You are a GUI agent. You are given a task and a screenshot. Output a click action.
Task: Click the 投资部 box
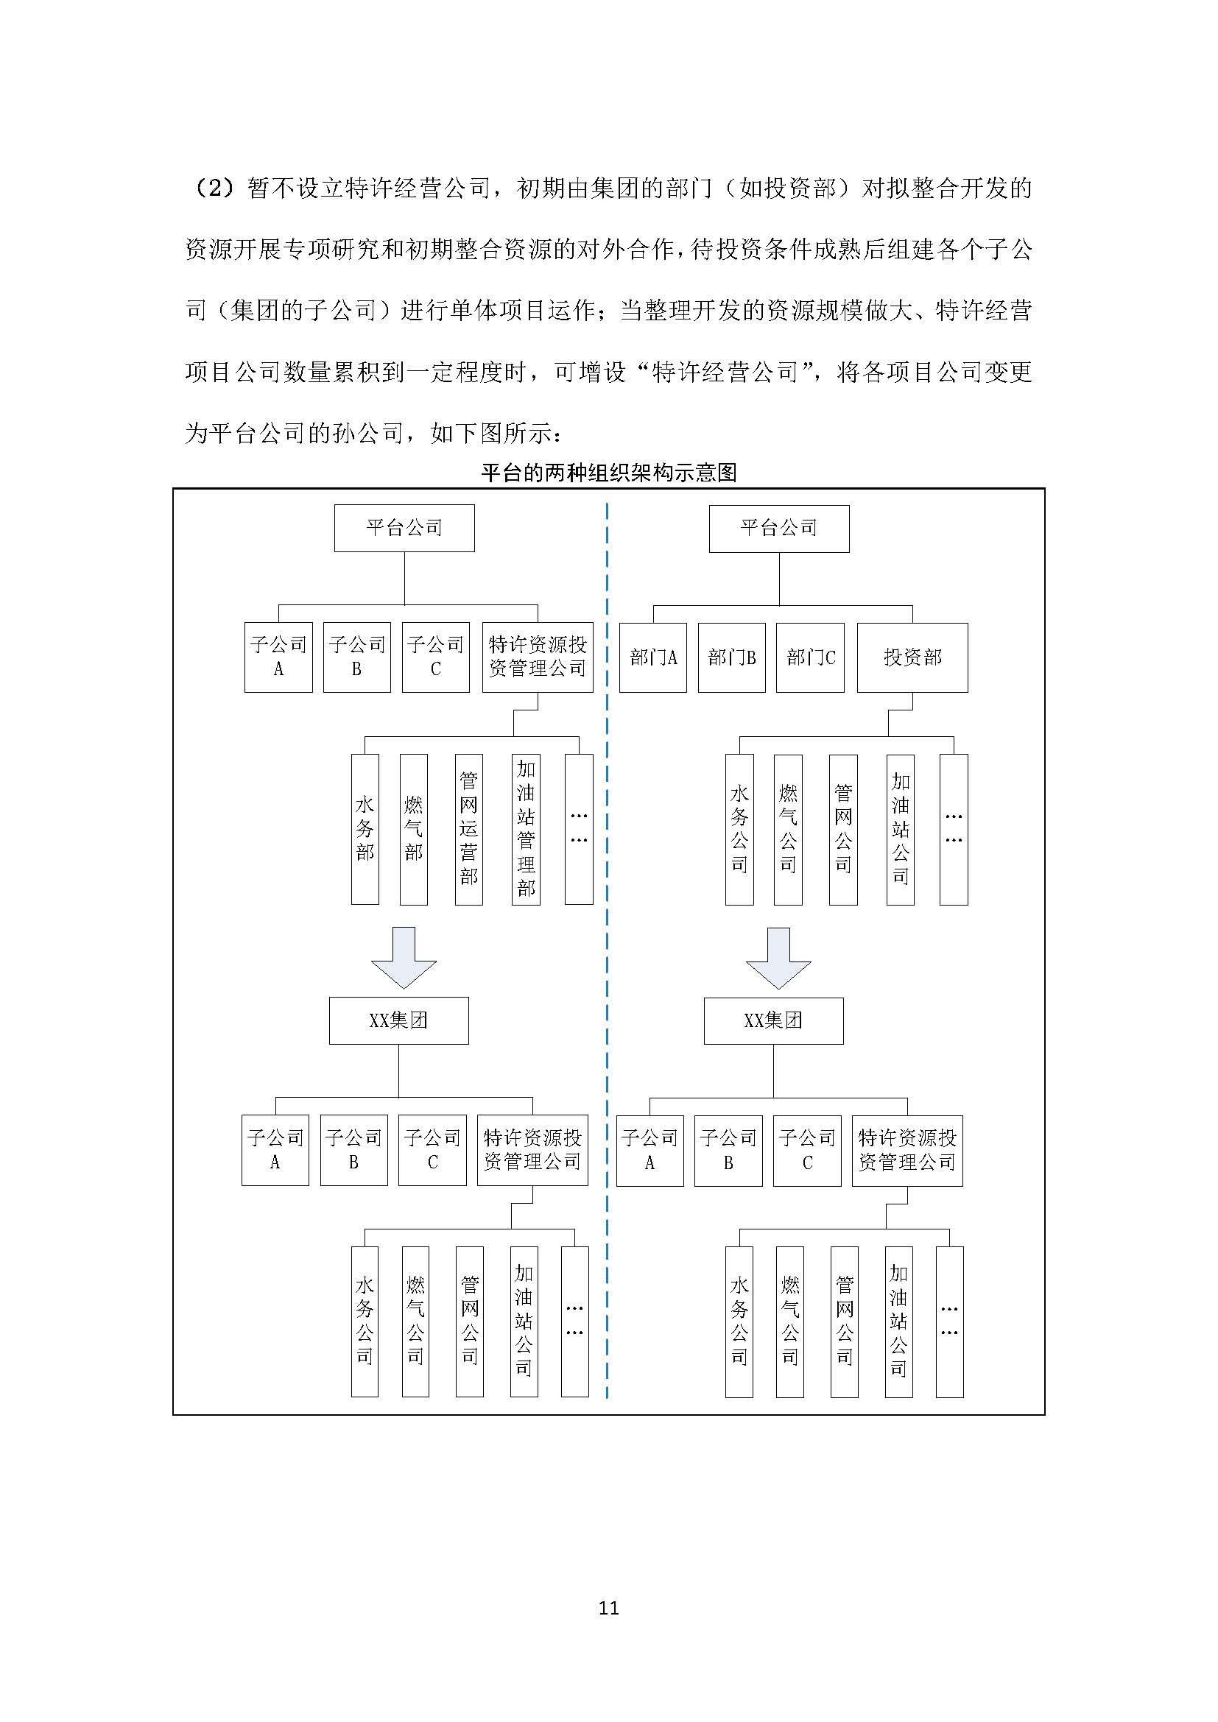click(912, 657)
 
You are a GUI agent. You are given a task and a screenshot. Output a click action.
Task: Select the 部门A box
click(652, 657)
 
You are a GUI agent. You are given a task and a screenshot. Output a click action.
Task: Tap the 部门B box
click(731, 657)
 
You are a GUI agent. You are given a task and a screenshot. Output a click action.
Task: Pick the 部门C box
click(810, 657)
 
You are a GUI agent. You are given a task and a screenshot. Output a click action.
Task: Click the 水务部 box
click(365, 829)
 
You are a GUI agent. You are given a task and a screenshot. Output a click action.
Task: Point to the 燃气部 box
click(413, 829)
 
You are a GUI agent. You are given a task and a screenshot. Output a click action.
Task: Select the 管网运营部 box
click(469, 829)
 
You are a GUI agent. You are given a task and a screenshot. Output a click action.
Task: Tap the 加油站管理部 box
click(526, 829)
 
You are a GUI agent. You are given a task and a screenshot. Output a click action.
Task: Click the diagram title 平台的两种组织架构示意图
click(608, 473)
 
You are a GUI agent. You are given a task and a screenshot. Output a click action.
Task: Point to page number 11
click(608, 1607)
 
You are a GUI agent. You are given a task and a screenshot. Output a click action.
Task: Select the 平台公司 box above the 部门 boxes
click(778, 528)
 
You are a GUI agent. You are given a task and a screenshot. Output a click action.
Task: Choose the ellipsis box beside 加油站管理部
click(578, 829)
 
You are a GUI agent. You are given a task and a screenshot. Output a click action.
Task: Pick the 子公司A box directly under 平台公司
click(278, 657)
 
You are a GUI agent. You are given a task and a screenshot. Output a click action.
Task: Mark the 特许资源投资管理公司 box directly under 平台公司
click(537, 657)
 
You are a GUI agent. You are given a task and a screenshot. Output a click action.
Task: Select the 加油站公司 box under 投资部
click(900, 829)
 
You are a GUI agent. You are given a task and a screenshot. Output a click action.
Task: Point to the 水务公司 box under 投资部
click(739, 829)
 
